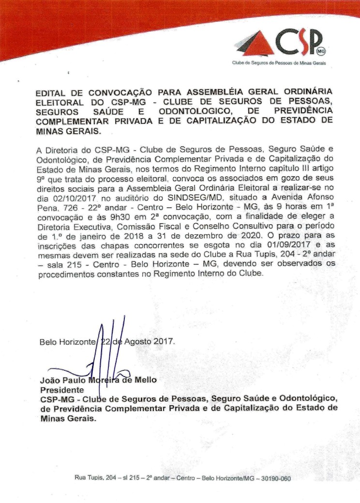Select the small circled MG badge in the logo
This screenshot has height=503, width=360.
point(319,50)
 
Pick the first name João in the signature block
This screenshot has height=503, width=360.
point(51,380)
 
